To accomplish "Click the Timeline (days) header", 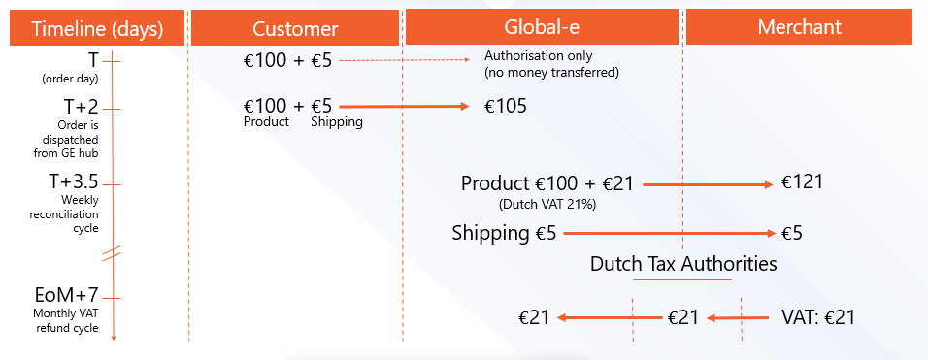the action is (97, 28).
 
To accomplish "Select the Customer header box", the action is (295, 28).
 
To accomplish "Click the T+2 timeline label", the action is (81, 109).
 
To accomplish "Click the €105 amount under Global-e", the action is (505, 107).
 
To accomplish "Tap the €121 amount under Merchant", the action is (802, 182).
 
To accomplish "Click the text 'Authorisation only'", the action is (538, 56).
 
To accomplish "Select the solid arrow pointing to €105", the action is (403, 107).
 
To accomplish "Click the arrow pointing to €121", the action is (708, 185).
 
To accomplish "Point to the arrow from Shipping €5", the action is (669, 234).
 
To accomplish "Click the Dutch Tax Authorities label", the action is (683, 264).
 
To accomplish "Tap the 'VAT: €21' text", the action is (818, 317).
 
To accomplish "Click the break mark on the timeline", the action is (112, 253).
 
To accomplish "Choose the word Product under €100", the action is (266, 121).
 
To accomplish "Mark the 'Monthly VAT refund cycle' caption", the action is (66, 322).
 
